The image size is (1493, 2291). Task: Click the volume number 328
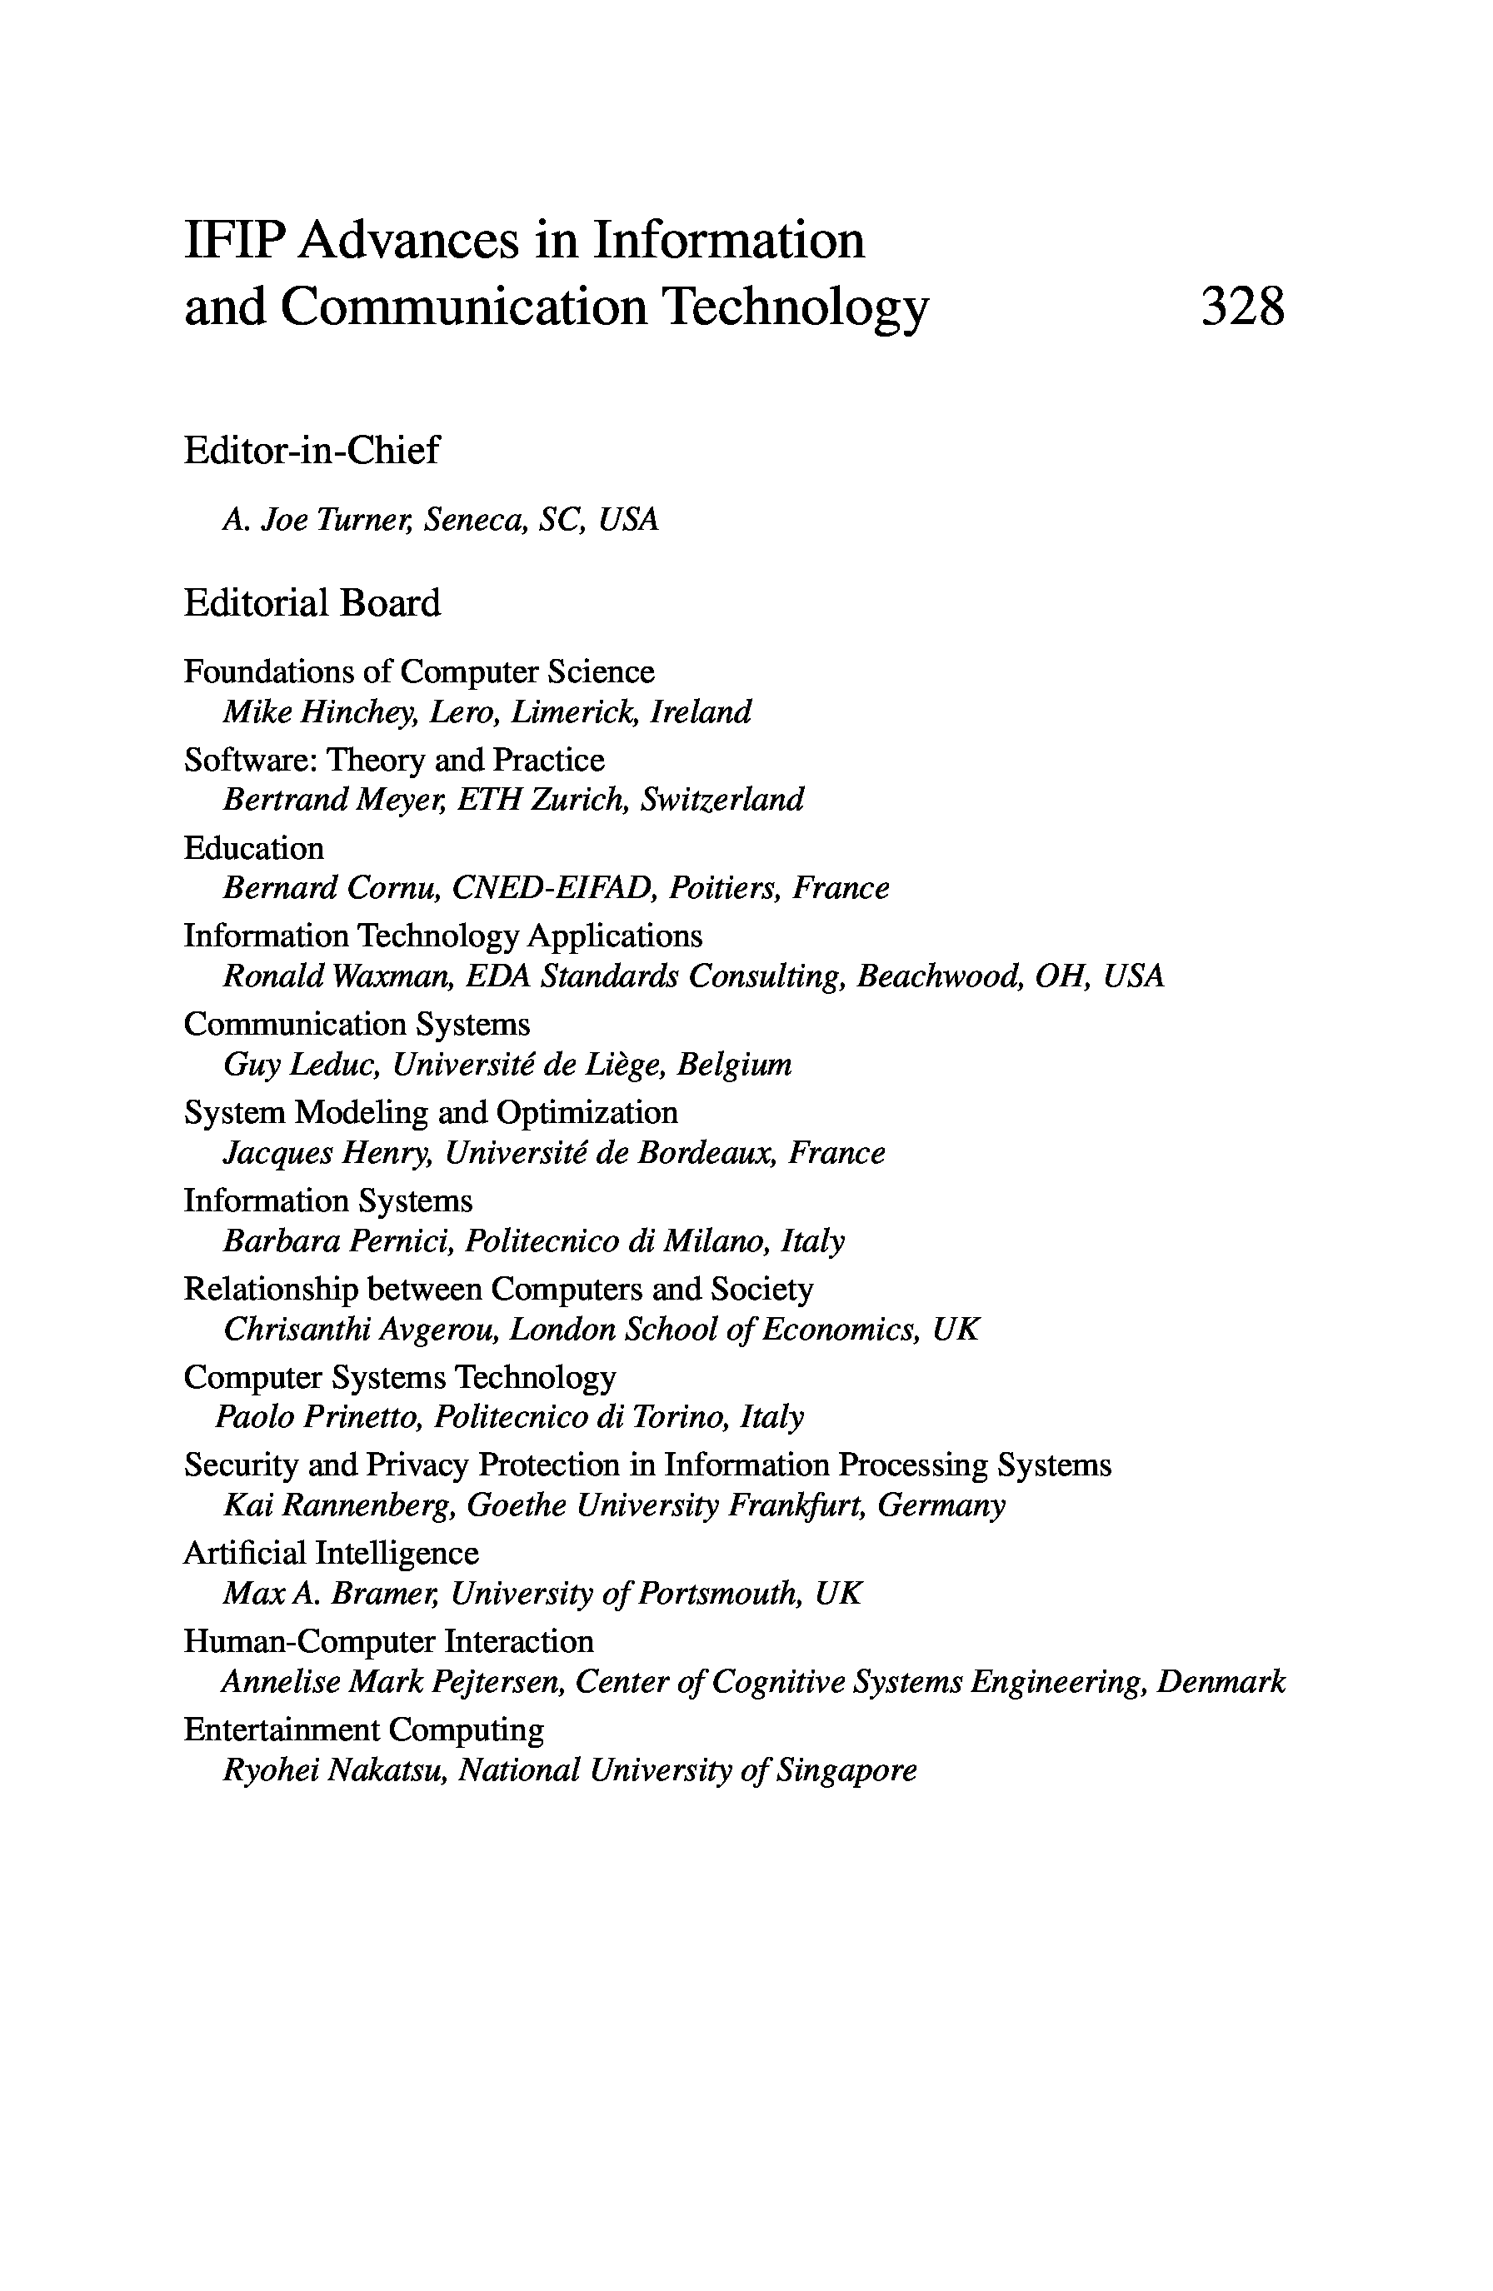[x=1241, y=308]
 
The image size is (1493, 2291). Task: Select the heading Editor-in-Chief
[x=311, y=450]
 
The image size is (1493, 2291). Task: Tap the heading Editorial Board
[x=312, y=602]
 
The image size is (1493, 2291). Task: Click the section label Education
[x=253, y=848]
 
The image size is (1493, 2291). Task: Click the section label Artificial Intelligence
[x=330, y=1553]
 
